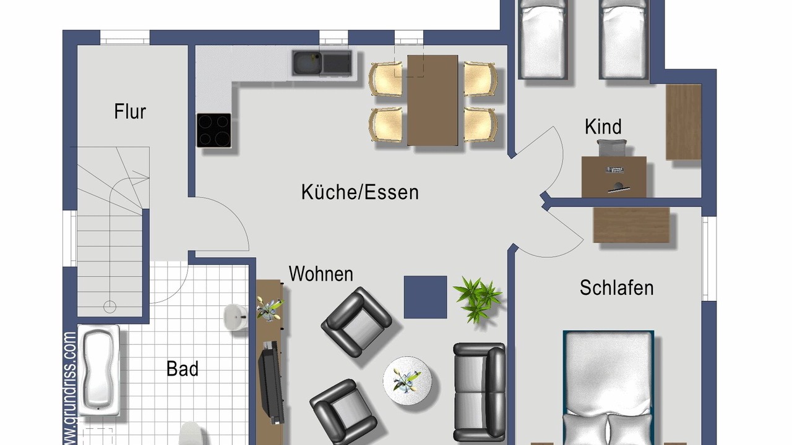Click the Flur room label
tap(130, 111)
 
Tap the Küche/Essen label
tap(360, 192)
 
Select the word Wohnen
tap(321, 274)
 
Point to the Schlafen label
tap(617, 287)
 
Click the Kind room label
tap(603, 127)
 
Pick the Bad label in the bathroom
tap(183, 369)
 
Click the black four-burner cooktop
tap(214, 130)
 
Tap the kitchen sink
tap(322, 63)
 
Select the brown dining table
tap(433, 100)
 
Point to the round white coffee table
tap(407, 380)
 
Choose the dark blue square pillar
tap(425, 297)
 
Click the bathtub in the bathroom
tap(98, 370)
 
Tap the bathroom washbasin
tap(236, 317)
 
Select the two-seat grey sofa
tap(480, 392)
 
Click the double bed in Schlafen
tap(608, 388)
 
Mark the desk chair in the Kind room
tap(612, 148)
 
